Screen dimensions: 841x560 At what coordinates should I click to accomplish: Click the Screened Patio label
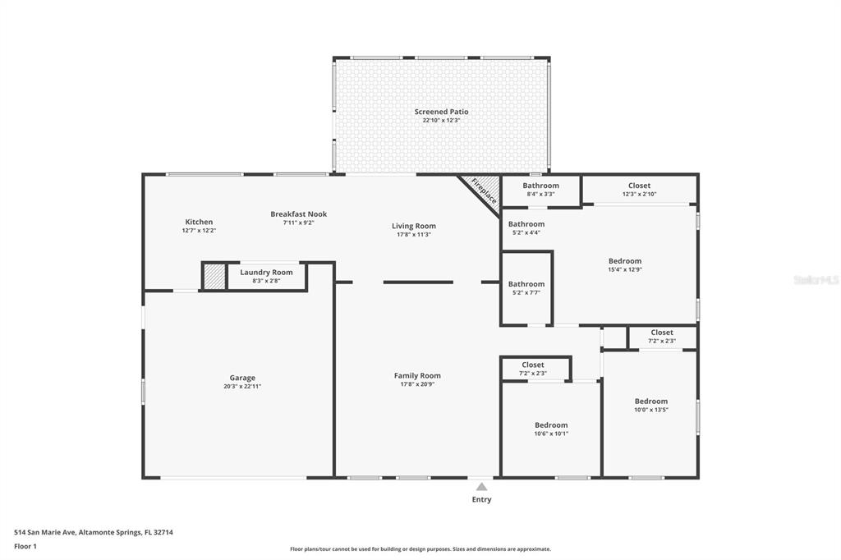(x=441, y=112)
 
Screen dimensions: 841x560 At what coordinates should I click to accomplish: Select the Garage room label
(x=242, y=378)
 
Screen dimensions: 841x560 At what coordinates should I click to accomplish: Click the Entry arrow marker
(x=481, y=487)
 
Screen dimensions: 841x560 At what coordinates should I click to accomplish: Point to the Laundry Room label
(x=267, y=272)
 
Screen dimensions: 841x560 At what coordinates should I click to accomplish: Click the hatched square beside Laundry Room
(x=214, y=276)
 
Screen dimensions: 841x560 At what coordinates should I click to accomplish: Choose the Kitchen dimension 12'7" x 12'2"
(x=199, y=231)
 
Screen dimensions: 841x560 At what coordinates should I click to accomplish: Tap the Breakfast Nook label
(x=299, y=214)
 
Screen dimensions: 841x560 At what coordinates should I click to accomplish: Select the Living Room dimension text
(x=414, y=234)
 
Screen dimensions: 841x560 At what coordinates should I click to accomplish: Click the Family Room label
(x=417, y=375)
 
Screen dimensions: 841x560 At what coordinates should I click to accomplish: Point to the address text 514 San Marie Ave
(x=45, y=533)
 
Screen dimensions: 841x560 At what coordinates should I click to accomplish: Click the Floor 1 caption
(x=25, y=547)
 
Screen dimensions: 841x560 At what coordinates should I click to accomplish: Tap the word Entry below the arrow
(x=481, y=499)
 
